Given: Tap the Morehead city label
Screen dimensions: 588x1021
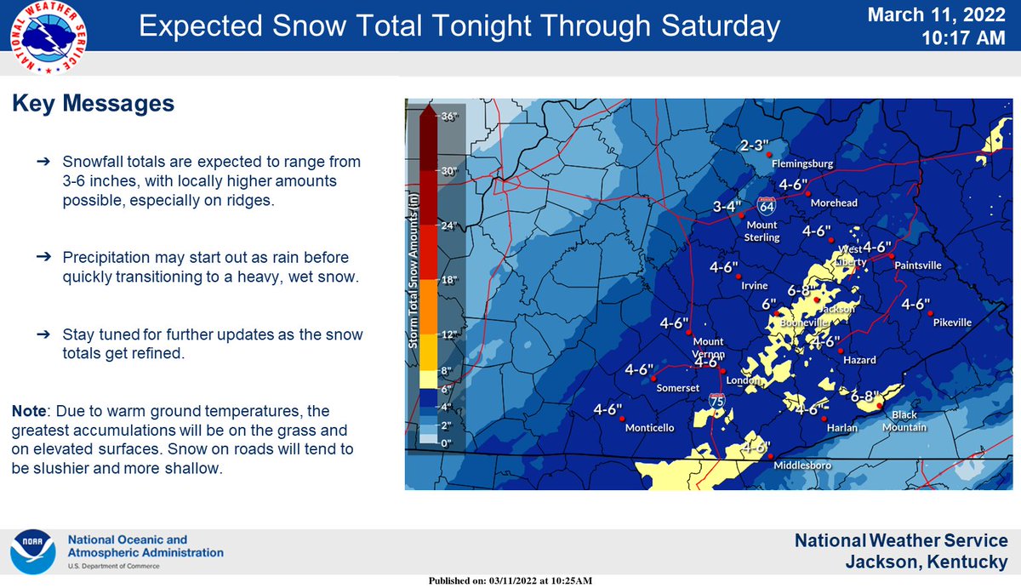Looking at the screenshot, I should click(x=834, y=203).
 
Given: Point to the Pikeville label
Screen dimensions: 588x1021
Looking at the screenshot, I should click(x=952, y=323).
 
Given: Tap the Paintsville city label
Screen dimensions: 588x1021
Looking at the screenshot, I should click(x=918, y=265).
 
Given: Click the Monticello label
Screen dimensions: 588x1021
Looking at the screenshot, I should click(x=650, y=428).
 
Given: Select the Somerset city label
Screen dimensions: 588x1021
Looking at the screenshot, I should click(x=678, y=388).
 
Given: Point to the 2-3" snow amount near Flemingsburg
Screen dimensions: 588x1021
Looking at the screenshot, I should click(x=754, y=146).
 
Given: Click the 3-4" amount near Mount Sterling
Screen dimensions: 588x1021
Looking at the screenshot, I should click(x=727, y=206).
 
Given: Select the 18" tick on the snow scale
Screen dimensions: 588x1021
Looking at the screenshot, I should click(x=449, y=280).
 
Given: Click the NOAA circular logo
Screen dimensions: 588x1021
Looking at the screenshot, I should click(x=33, y=552).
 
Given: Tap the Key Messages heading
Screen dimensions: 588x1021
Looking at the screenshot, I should click(x=94, y=105).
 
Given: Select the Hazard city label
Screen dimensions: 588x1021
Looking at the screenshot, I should click(x=859, y=360).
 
